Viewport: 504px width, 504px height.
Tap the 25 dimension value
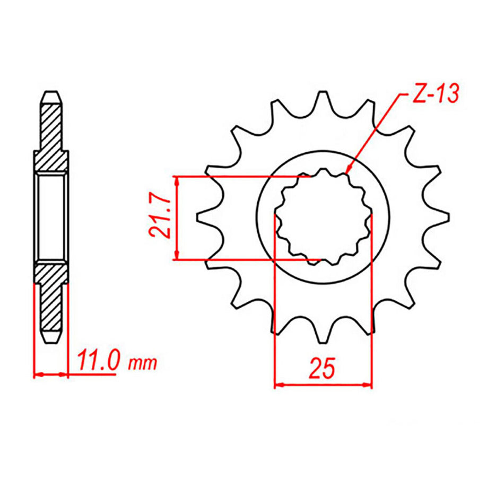(323, 368)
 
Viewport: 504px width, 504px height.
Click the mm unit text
(143, 364)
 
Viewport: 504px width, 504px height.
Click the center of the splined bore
(323, 218)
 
